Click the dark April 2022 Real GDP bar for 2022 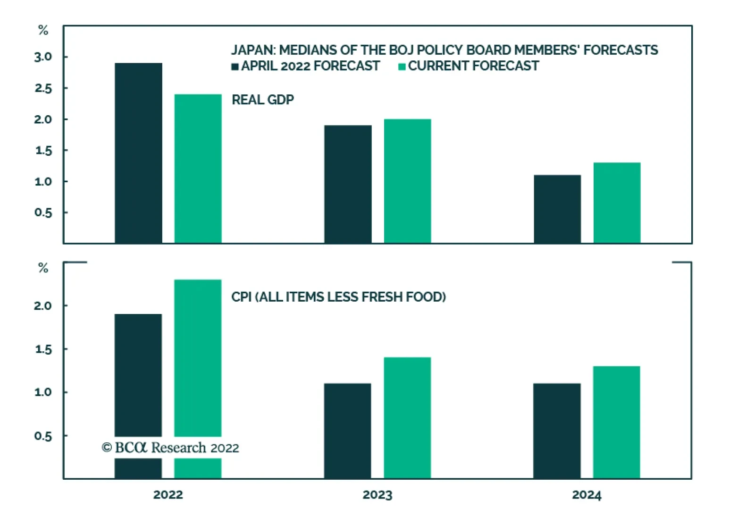138,153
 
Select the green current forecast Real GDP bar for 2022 198,169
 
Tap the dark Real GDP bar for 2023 348,184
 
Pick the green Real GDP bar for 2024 617,203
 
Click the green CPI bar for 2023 407,418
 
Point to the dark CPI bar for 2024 557,431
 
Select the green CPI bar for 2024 616,422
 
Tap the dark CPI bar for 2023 347,431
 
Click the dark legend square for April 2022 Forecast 235,67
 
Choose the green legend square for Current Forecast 402,67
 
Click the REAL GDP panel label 263,100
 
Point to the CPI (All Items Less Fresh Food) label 338,297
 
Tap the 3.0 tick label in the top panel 43,57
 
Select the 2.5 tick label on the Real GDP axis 43,88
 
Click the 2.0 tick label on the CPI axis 43,306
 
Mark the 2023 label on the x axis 377,495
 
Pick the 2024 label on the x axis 587,495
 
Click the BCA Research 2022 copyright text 170,448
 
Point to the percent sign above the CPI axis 43,268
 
